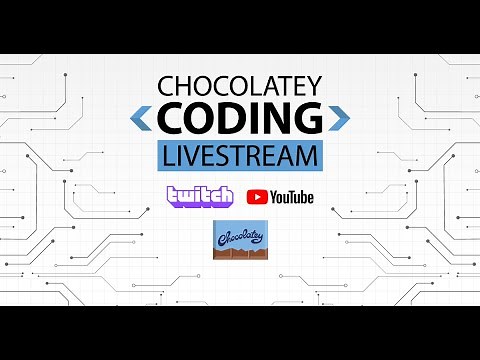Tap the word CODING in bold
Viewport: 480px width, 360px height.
(240, 120)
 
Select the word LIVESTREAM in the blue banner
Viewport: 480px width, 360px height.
(240, 156)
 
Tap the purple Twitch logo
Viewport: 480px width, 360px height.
(200, 196)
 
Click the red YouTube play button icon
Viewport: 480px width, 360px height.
(257, 197)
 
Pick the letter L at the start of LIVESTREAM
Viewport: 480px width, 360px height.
(166, 156)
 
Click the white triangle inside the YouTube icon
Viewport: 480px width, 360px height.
(257, 197)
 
